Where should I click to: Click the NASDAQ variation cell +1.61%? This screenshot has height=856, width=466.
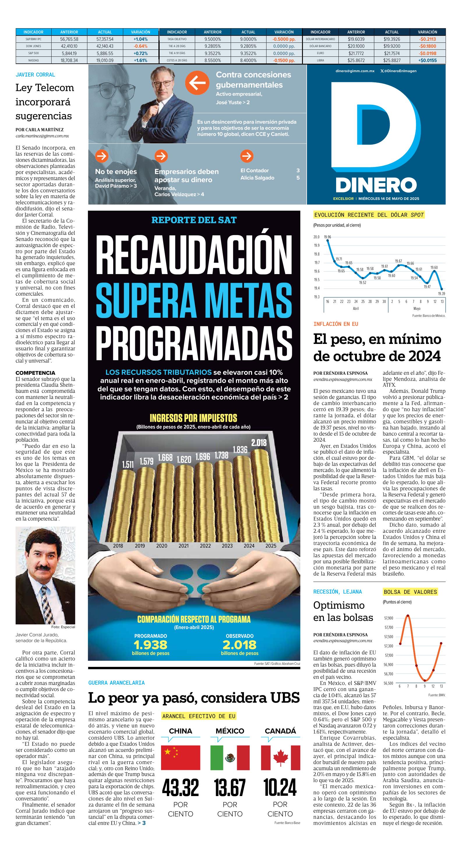tap(140, 61)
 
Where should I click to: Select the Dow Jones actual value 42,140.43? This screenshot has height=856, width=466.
tap(105, 46)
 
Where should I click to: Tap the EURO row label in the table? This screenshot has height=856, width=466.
tap(320, 53)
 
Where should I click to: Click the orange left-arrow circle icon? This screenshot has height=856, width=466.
tap(197, 84)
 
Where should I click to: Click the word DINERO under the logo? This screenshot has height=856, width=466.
tap(376, 185)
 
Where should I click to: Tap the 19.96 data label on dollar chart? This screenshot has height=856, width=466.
tap(327, 237)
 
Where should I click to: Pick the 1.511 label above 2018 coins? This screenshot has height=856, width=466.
tap(128, 464)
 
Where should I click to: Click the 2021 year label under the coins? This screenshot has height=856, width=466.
tap(183, 546)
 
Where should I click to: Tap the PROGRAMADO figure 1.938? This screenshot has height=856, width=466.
tap(150, 645)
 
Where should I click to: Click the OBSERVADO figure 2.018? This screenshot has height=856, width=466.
tap(239, 645)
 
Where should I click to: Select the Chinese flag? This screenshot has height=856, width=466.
tap(180, 758)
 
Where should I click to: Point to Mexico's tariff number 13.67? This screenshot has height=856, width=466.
tap(230, 788)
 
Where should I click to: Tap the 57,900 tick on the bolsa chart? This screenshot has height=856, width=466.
tap(389, 618)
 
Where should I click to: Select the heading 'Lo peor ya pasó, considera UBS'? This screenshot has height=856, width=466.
tap(194, 697)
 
